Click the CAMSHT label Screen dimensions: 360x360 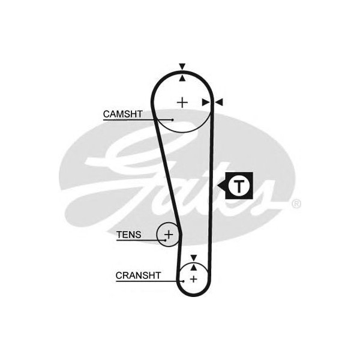[x=123, y=113]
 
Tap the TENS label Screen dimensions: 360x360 [x=129, y=235]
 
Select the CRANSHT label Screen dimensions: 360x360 [x=138, y=275]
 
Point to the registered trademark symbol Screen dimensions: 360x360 [x=296, y=204]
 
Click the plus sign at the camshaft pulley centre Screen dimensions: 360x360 [x=182, y=102]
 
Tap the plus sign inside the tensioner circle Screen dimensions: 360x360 [x=169, y=234]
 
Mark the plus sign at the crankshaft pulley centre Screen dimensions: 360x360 [x=193, y=280]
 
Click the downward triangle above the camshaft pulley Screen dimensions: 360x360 [x=182, y=67]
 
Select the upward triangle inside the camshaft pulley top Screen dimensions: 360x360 [x=182, y=76]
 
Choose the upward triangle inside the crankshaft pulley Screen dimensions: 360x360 [x=193, y=266]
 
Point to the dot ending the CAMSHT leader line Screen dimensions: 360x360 [x=173, y=120]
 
